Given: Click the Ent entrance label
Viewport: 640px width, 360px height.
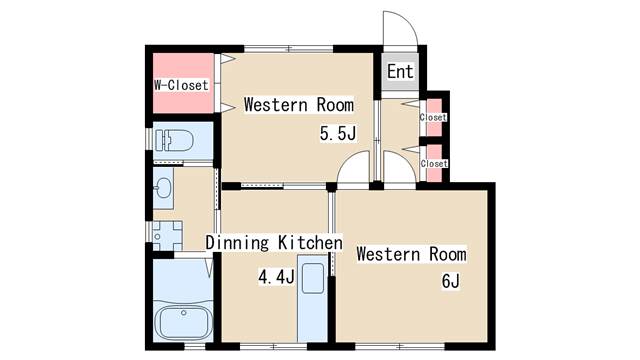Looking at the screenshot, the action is click(x=400, y=71).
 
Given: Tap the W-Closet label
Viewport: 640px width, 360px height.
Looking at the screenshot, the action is click(x=181, y=85).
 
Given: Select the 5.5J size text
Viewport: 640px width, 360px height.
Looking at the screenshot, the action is click(x=338, y=133).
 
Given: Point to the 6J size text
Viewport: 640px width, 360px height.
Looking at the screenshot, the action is click(x=451, y=281).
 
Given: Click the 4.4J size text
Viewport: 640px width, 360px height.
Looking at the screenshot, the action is click(x=276, y=278).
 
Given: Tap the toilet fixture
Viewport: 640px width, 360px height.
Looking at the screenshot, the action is click(x=174, y=140).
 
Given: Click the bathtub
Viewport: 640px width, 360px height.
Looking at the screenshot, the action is click(x=184, y=322).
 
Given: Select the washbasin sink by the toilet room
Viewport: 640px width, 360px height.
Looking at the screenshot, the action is click(x=163, y=188).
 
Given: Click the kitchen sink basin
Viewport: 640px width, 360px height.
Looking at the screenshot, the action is click(x=313, y=278).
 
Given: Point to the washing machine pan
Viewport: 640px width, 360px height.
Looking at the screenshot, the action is click(x=167, y=236).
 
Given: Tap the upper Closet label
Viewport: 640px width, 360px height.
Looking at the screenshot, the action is click(x=433, y=118).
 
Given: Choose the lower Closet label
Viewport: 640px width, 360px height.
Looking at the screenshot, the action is click(x=434, y=163).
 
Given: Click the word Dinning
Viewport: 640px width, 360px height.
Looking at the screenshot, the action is click(x=237, y=242).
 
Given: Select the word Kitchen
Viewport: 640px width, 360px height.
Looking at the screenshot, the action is click(x=310, y=242).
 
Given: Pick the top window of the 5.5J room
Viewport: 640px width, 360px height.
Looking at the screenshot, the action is click(x=289, y=49).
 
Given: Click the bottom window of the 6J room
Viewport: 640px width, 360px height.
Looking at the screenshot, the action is click(x=400, y=347).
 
